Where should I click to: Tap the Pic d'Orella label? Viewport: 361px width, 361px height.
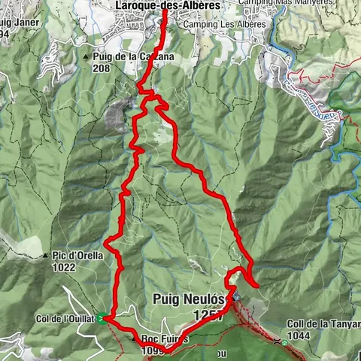coord(80,254)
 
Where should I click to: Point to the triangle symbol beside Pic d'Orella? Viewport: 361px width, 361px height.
coord(47,255)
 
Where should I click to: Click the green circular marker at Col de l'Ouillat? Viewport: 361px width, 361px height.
coord(101,318)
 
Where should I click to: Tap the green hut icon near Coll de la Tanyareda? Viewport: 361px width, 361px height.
coord(285,343)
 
